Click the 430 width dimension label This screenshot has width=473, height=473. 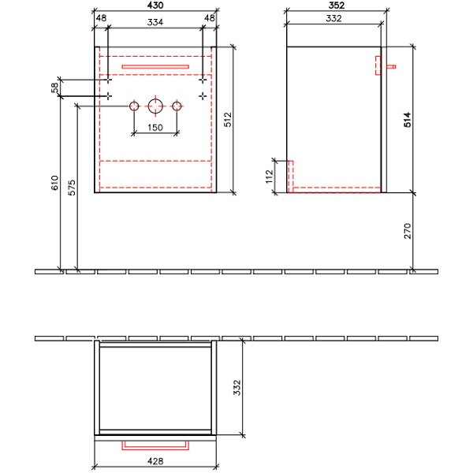pyautogui.click(x=155, y=6)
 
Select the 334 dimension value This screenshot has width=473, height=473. pyautogui.click(x=155, y=22)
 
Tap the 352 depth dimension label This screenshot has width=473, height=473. pyautogui.click(x=337, y=6)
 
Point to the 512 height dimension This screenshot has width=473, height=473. pyautogui.click(x=228, y=120)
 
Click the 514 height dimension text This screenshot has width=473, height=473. pyautogui.click(x=408, y=120)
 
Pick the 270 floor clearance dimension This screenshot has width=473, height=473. pyautogui.click(x=408, y=231)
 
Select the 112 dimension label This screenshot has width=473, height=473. pyautogui.click(x=269, y=177)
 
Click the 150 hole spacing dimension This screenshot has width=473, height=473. pyautogui.click(x=155, y=128)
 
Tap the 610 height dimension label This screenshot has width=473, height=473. pyautogui.click(x=54, y=183)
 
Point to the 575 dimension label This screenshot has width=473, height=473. pyautogui.click(x=72, y=188)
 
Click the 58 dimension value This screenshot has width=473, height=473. pyautogui.click(x=54, y=88)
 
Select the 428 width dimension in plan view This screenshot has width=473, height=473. pyautogui.click(x=155, y=461)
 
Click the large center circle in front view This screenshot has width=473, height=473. pyautogui.click(x=155, y=106)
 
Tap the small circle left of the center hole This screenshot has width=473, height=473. pyautogui.click(x=134, y=106)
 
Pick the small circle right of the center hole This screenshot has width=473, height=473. pyautogui.click(x=177, y=106)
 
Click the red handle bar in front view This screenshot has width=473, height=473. pyautogui.click(x=155, y=67)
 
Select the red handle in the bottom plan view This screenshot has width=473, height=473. pyautogui.click(x=155, y=449)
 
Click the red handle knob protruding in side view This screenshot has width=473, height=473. pyautogui.click(x=391, y=67)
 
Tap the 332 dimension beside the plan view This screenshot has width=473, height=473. pyautogui.click(x=237, y=388)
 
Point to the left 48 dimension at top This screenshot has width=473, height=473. pyautogui.click(x=101, y=18)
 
